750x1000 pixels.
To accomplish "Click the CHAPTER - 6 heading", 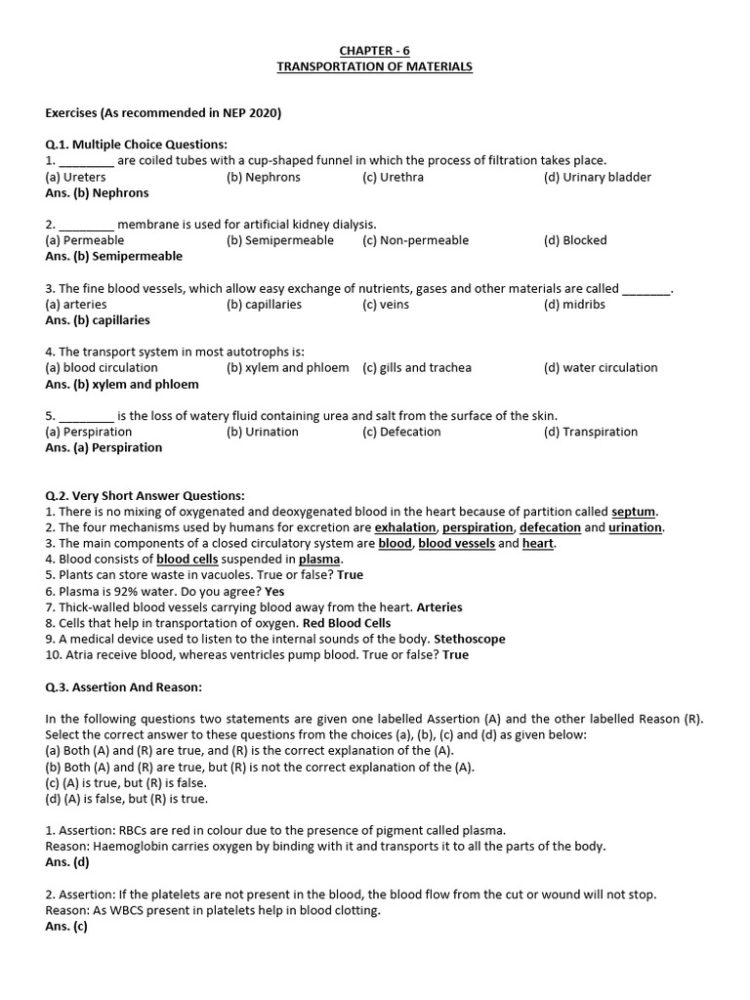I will click(x=375, y=50).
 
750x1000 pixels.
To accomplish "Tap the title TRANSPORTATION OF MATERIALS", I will click(x=375, y=66).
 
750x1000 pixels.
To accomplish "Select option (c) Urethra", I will click(x=396, y=177).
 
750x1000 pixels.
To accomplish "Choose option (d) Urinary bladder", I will click(x=597, y=177).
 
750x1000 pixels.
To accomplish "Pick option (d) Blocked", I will click(x=575, y=240).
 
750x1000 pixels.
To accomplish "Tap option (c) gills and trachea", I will click(x=417, y=368).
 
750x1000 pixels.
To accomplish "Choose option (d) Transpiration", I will click(x=590, y=432).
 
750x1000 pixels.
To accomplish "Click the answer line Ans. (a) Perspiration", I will click(x=104, y=448).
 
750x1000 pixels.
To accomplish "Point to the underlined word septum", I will click(x=634, y=512).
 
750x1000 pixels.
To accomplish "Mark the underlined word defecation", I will click(x=550, y=527).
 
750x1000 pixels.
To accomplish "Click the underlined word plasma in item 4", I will click(x=319, y=560).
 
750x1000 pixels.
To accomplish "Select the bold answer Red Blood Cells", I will click(x=346, y=623).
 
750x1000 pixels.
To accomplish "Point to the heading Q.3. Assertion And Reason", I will click(x=123, y=687).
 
